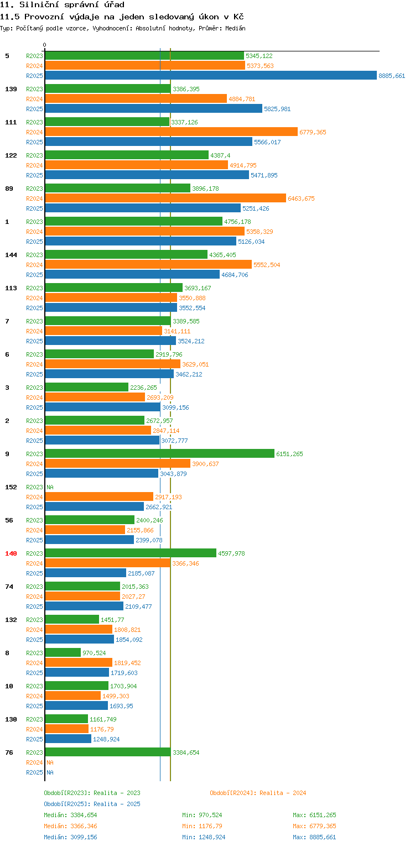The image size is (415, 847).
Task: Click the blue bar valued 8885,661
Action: point(211,76)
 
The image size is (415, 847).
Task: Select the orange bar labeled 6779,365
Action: point(171,132)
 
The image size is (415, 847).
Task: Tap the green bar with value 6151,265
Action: point(159,454)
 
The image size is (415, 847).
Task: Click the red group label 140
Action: point(11,553)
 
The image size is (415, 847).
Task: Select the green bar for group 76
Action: point(108,752)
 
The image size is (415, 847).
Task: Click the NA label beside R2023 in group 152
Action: point(50,487)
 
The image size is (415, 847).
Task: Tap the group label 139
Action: point(11,89)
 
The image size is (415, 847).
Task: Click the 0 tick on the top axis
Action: point(45,45)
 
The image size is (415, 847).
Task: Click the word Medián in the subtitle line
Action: point(234,28)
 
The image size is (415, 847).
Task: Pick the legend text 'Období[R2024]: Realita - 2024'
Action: point(258,793)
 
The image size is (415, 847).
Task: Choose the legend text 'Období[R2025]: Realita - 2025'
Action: point(92,804)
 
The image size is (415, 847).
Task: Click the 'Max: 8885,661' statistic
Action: point(314,837)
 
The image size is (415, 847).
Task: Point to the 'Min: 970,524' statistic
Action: point(202,815)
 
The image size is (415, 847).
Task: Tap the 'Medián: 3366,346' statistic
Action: point(70,826)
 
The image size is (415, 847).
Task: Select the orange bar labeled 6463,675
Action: point(165,198)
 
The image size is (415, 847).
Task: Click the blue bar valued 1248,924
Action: point(68,739)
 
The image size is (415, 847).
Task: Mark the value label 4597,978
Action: point(231,553)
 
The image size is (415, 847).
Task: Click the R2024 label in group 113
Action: point(34,298)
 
